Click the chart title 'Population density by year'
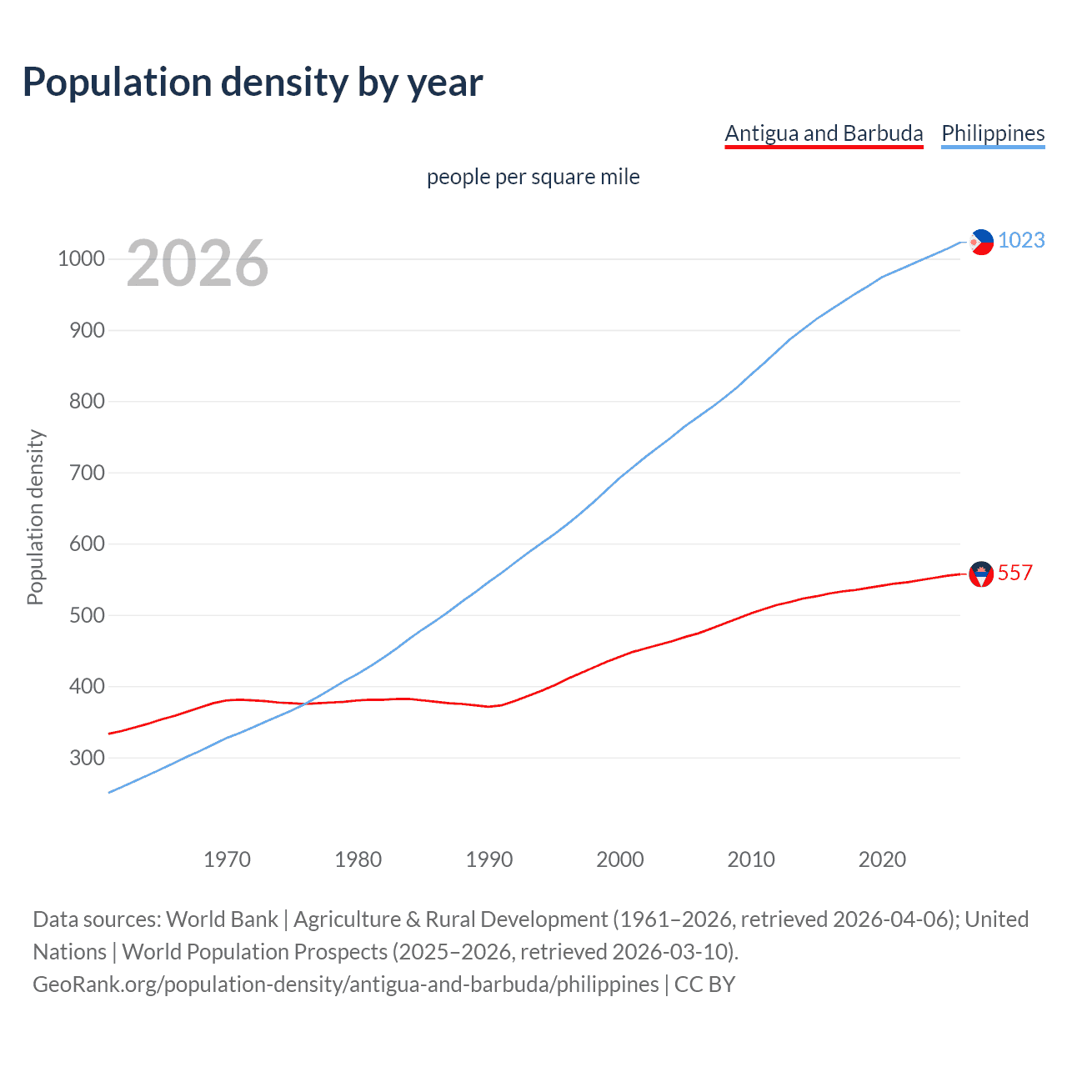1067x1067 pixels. click(x=253, y=83)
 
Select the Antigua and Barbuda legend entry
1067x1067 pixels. click(x=824, y=133)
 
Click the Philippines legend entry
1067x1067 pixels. click(x=993, y=133)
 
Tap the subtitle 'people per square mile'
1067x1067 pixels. click(x=533, y=177)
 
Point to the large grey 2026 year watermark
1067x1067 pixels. click(x=198, y=263)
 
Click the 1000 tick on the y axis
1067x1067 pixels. click(x=81, y=258)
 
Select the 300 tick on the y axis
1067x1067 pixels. click(x=87, y=758)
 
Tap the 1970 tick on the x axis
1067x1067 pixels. click(x=227, y=859)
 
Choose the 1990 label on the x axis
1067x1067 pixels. click(x=489, y=859)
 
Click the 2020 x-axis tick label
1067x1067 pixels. click(x=882, y=859)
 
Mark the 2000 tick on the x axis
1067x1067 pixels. click(x=620, y=859)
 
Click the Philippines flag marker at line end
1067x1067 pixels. click(x=982, y=242)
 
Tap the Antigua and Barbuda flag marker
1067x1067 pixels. click(x=982, y=574)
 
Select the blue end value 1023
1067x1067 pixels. click(x=1021, y=240)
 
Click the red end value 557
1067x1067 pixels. click(x=1015, y=573)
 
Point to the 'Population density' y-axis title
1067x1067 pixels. click(x=35, y=517)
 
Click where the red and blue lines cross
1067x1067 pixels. click(x=306, y=704)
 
